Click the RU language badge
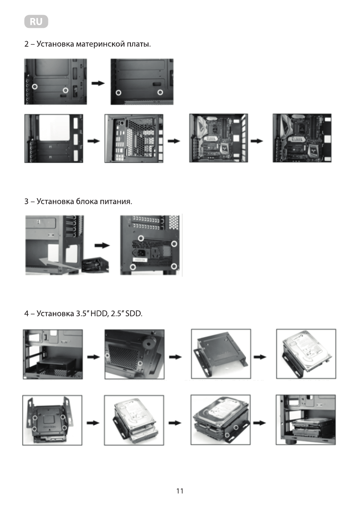coord(36,21)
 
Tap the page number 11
coord(180,491)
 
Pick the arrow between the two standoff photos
coord(99,83)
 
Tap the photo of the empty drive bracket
coord(221,354)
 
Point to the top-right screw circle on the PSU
coord(174,244)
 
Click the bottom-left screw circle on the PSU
coord(133,267)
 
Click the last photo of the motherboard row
coord(302,138)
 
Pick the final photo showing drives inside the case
coord(306,420)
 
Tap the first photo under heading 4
coord(53,354)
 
